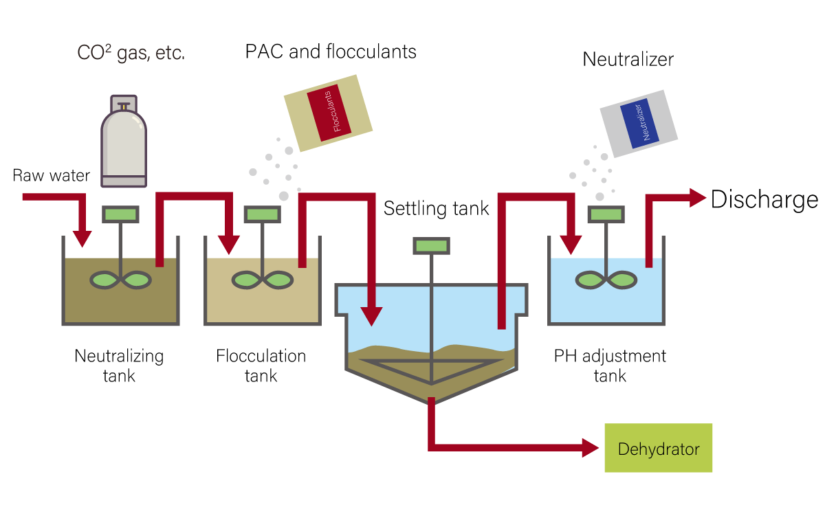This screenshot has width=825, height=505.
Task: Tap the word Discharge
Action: [x=764, y=199]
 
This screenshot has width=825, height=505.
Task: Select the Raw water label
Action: [x=52, y=176]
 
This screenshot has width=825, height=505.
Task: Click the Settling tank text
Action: [x=436, y=208]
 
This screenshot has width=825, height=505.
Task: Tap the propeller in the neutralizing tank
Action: [x=121, y=280]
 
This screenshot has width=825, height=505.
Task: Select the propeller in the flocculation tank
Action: [x=262, y=280]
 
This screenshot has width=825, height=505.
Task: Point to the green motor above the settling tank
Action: [x=431, y=245]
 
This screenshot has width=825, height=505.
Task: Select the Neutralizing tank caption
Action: [x=119, y=366]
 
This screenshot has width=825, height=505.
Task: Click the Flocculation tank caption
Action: [x=261, y=366]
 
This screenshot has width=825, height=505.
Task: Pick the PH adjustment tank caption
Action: [x=610, y=366]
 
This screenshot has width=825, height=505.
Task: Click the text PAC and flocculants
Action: [x=331, y=52]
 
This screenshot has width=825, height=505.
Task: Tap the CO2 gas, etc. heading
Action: [x=131, y=53]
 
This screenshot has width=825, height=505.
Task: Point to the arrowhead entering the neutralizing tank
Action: [x=82, y=237]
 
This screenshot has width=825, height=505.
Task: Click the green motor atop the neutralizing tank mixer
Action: [x=121, y=214]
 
